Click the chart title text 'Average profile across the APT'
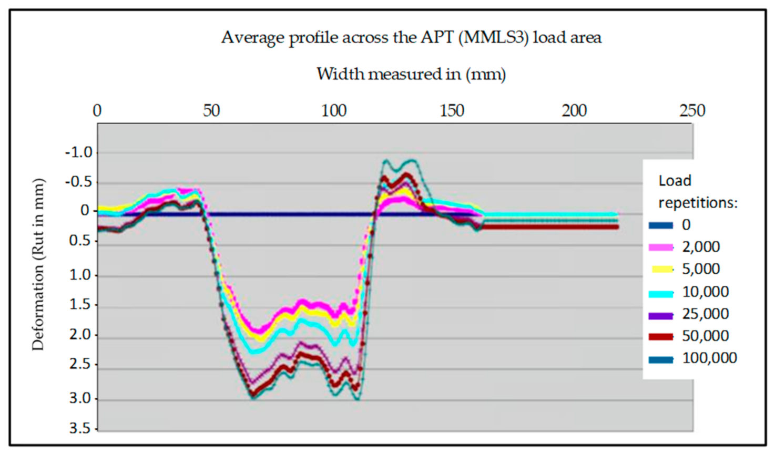411,38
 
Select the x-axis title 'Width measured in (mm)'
411,74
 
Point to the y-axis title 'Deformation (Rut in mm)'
38,264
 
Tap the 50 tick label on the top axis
211,111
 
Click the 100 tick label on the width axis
334,111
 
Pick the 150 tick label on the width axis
452,111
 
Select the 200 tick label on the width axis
574,111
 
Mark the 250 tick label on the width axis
692,111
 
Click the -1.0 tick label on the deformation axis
78,153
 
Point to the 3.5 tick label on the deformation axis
80,429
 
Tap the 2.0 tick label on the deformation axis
80,335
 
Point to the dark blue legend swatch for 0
661,225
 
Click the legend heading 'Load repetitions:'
698,192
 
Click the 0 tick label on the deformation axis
85,211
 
